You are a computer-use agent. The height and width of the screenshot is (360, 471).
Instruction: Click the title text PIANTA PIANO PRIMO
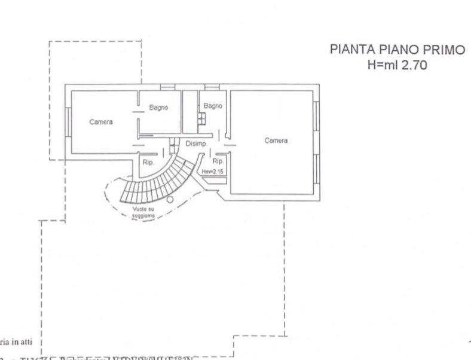tap(397, 51)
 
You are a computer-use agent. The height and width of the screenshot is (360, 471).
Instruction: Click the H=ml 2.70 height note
tap(397, 66)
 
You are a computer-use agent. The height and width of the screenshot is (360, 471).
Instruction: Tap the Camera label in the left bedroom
tap(101, 122)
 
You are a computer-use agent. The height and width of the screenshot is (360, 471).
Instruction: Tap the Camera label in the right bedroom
tap(276, 141)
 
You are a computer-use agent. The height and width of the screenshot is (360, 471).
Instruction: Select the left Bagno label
tap(158, 108)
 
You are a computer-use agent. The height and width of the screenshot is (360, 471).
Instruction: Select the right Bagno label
tap(213, 106)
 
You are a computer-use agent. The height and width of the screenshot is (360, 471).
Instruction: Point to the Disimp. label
tap(196, 144)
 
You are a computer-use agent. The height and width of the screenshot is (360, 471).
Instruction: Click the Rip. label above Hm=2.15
tap(218, 161)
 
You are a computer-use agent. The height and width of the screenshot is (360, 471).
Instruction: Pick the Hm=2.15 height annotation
tap(213, 172)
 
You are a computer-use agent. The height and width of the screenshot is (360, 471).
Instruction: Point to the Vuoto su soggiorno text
tap(143, 212)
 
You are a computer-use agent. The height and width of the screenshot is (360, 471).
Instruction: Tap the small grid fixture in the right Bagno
tap(202, 118)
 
